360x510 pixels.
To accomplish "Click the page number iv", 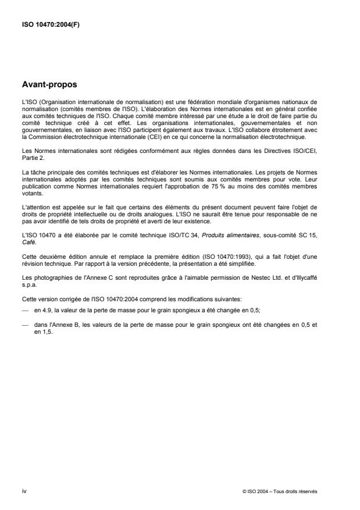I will (x=24, y=491).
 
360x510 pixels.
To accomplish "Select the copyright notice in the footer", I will (x=280, y=491).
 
